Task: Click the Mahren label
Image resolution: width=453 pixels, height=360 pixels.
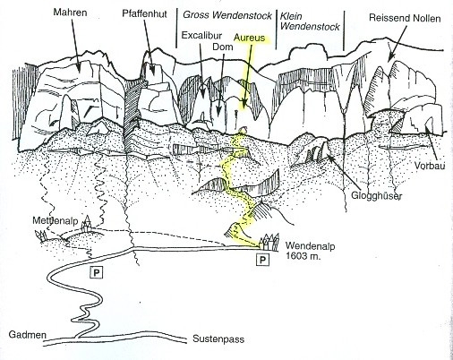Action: coord(70,13)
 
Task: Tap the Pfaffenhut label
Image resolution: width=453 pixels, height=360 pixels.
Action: coord(144,13)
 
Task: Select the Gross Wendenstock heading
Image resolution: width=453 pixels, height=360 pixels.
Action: coord(227,15)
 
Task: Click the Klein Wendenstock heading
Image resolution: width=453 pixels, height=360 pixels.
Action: coord(310,21)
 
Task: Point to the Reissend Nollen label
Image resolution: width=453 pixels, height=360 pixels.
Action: coord(405,18)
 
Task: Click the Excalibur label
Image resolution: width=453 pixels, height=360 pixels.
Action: coord(201,36)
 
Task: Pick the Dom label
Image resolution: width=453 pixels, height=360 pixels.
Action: coord(223,47)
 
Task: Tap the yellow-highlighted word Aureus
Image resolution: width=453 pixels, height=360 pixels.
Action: coord(249,38)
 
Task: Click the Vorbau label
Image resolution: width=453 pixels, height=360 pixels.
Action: coord(430,166)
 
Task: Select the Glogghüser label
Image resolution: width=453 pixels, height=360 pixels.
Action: coord(376,196)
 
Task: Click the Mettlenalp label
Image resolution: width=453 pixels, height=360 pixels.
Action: coord(56,220)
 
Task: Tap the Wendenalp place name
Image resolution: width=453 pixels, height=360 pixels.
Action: coord(310,246)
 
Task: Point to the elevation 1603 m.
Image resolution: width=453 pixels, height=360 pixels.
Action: coord(303,256)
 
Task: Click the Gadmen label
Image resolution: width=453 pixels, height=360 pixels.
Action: coord(28,334)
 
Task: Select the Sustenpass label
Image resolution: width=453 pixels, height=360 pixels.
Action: coord(218,339)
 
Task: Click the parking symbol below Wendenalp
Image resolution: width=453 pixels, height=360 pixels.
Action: coord(262,260)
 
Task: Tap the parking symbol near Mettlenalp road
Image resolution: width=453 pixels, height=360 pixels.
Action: coord(97,272)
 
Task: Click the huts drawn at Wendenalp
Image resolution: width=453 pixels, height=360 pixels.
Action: coord(269,241)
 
